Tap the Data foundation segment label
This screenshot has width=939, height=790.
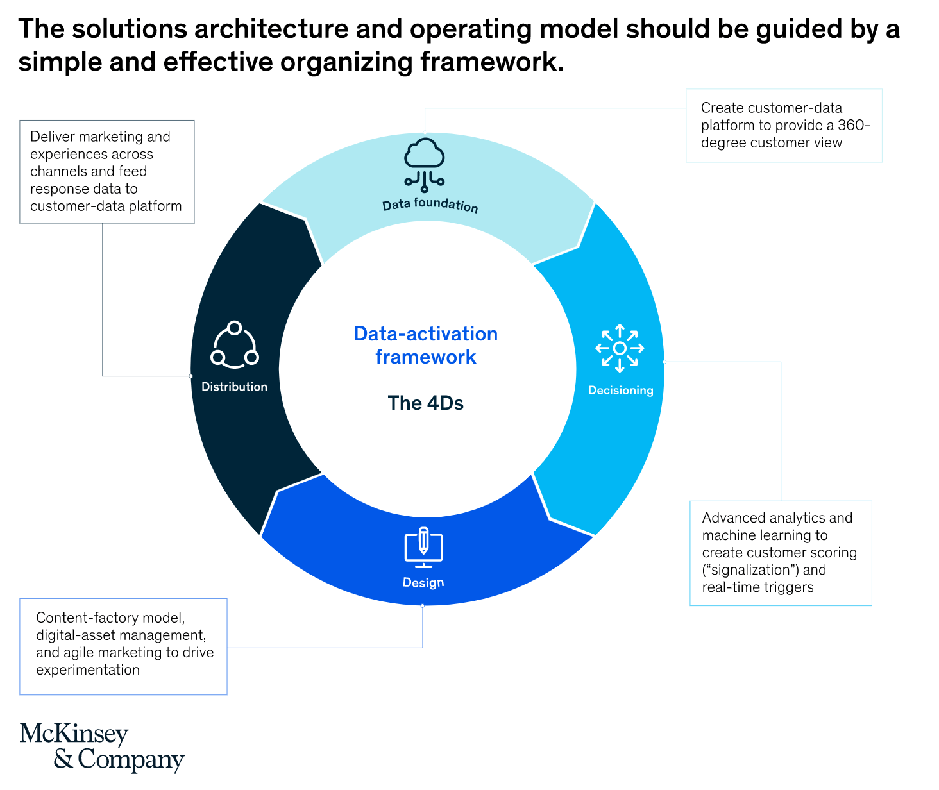pos(430,206)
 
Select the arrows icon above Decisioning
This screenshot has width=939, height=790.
pos(620,348)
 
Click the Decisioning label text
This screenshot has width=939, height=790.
pos(620,390)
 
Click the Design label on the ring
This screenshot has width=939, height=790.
pos(423,582)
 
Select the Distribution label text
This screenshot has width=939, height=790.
pos(234,387)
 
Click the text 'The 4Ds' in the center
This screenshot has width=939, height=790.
pos(425,403)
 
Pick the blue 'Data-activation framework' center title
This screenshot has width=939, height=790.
pos(426,345)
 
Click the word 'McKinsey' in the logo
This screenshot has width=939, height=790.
pos(74,734)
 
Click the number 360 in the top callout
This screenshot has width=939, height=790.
pos(854,125)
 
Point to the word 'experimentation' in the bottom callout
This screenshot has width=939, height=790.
pos(88,669)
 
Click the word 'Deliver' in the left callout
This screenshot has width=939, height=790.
pos(51,137)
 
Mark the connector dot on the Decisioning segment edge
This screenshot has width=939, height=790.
pos(664,362)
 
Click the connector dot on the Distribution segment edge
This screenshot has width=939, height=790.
pos(190,376)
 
